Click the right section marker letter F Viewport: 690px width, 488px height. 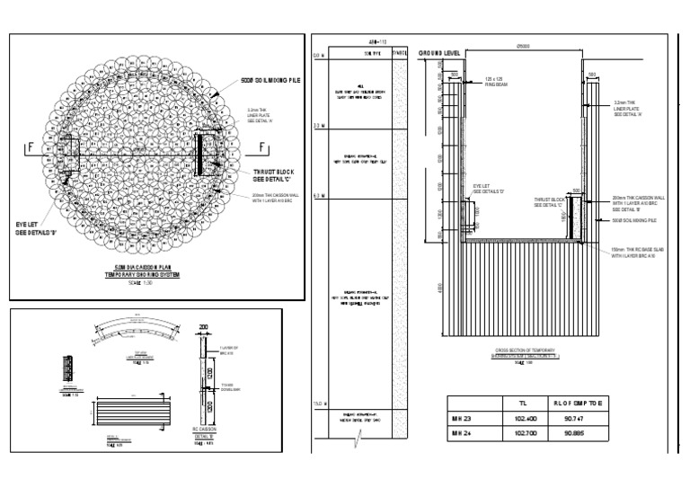(261, 147)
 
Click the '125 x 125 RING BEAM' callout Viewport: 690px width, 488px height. (495, 82)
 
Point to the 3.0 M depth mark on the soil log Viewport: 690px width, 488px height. (317, 126)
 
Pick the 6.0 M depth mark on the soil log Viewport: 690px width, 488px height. (317, 195)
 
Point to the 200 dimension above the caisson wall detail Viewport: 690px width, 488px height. (203, 329)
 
